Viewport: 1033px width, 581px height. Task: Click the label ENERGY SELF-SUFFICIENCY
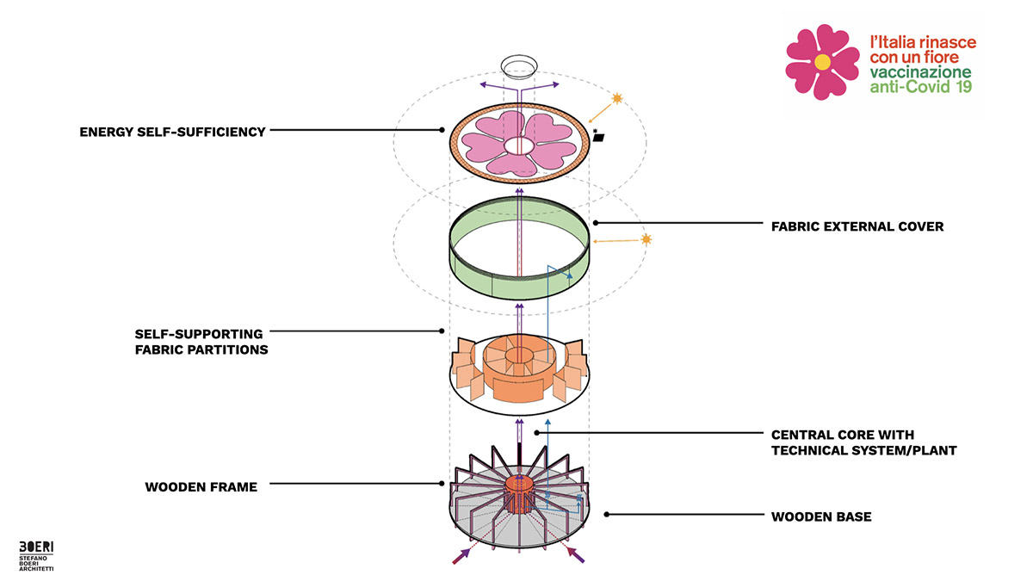point(171,132)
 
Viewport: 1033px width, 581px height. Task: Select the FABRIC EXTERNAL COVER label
point(857,227)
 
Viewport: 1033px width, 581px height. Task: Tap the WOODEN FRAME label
point(201,487)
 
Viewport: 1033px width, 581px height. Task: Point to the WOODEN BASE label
point(821,516)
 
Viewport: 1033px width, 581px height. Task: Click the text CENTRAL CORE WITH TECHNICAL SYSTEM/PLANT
point(863,442)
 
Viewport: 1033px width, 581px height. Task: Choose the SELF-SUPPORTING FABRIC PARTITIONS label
point(201,341)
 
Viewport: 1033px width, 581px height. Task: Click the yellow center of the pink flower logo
point(822,62)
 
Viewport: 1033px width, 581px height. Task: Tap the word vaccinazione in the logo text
point(920,72)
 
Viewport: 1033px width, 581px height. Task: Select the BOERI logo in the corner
point(36,547)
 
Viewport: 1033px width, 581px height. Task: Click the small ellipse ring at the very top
point(519,66)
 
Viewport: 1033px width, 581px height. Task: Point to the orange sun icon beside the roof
point(617,100)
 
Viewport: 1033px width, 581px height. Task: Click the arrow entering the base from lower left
point(461,555)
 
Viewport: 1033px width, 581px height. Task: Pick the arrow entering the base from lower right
point(576,555)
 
